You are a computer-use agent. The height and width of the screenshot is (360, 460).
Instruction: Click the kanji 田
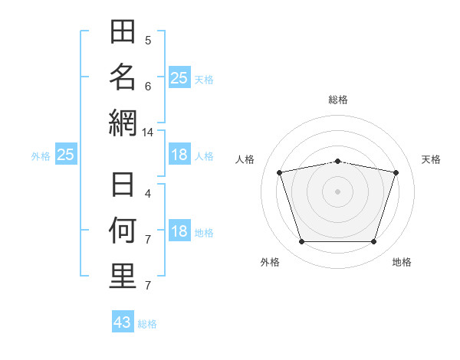pos(123,31)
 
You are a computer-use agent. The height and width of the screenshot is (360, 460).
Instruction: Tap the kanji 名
pos(123,77)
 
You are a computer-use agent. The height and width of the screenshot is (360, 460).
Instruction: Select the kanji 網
pos(123,123)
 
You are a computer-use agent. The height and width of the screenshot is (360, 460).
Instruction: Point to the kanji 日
pos(123,185)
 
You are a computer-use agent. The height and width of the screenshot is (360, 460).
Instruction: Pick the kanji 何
pos(123,230)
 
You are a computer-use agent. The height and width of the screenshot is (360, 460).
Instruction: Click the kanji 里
pos(123,276)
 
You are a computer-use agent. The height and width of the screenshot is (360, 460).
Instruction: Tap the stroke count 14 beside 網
pos(147,133)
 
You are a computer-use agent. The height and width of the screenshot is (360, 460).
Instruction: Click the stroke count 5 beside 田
pos(148,41)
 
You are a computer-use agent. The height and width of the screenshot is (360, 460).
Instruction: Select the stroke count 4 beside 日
pos(148,194)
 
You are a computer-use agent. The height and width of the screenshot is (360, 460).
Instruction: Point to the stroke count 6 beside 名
pos(148,87)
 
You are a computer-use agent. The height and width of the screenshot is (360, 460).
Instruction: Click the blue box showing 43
pos(123,321)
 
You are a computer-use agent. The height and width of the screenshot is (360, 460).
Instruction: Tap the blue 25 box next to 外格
pos(66,154)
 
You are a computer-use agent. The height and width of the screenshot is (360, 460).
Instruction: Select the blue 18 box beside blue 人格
pos(180,154)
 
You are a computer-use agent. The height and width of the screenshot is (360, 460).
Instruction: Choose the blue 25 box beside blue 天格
pos(180,77)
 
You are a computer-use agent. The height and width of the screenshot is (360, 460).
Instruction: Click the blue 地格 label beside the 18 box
pos(204,233)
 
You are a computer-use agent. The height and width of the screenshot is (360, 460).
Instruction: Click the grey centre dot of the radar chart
pos(337,191)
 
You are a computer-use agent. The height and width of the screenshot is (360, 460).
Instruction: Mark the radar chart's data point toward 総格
pos(337,162)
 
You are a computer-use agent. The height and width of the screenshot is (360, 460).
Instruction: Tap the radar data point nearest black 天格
pos(396,172)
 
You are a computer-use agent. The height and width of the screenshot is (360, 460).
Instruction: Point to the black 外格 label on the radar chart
pos(270,262)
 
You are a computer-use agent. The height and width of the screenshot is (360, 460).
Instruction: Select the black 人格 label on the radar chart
pos(245,159)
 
